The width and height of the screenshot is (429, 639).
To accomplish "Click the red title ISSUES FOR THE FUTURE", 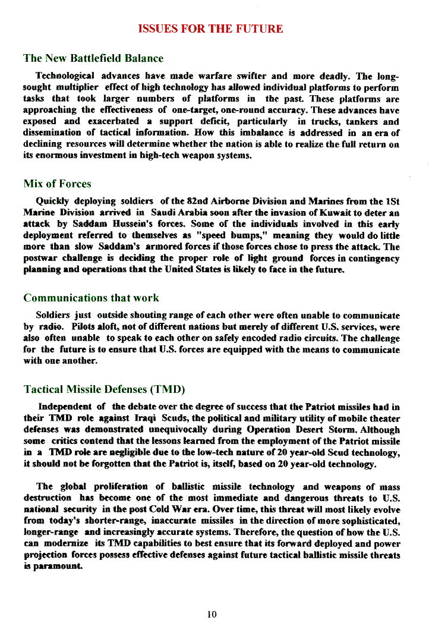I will [210, 29].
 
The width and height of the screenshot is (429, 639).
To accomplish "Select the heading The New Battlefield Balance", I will [93, 58].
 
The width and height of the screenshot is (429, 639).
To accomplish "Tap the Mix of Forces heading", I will [57, 184].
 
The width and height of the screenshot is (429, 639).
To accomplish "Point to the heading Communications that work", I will [91, 298].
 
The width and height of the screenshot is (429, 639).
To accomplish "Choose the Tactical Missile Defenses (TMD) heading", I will [104, 389].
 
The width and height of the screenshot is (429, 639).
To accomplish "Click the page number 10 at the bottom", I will [212, 614].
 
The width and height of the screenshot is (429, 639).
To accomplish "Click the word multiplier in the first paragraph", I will [76, 88].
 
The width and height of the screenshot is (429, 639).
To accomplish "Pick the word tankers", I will [362, 122].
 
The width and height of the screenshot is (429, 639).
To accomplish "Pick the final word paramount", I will [58, 566].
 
